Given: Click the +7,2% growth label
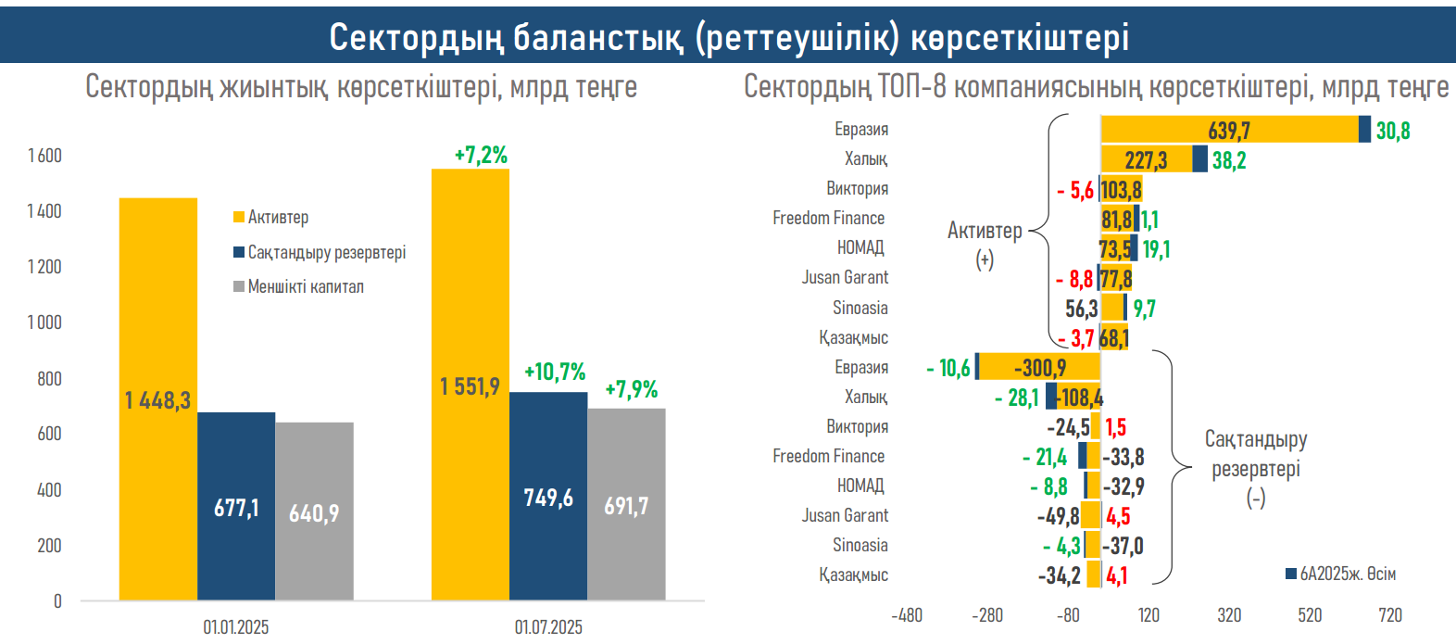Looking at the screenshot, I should pos(481,156).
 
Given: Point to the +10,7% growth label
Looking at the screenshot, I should pos(555,373).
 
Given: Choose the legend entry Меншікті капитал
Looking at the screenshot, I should pos(305,287).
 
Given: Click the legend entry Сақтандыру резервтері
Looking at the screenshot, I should pos(326,252).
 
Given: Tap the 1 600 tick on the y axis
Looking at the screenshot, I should pos(44,156).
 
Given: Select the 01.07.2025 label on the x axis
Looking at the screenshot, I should pos(548,627).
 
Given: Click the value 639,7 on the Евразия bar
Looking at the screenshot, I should pos(1229,131).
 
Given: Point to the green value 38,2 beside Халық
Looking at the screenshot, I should pos(1229,160).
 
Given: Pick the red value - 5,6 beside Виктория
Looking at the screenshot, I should pos(1075,190).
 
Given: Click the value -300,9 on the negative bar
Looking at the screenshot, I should pos(1040,368).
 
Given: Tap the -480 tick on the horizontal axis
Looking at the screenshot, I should pos(907,615).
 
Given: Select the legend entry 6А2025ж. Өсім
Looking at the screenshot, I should pos(1347,574).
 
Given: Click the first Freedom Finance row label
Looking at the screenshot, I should pos(829,219).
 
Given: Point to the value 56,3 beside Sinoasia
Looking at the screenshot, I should pos(1081,309).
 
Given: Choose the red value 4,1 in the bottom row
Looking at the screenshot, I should pos(1117,576).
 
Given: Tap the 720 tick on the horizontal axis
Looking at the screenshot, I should pos(1390,615).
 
